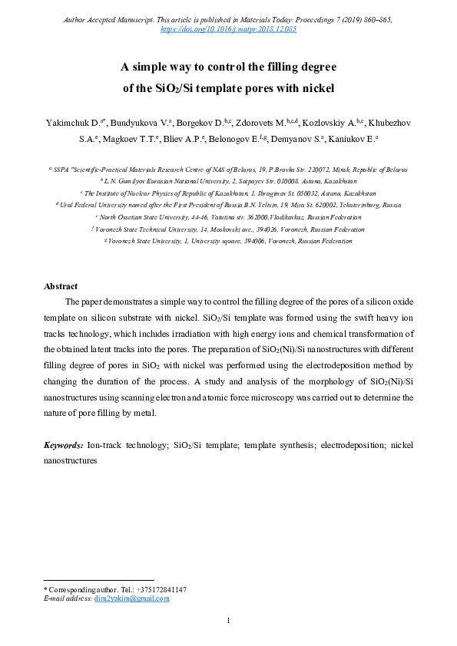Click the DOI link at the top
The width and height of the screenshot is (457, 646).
coord(228,29)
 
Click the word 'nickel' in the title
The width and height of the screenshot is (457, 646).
coord(317,88)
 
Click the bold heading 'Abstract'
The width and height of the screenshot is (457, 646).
coord(61,286)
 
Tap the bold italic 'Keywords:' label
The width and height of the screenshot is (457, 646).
coord(64,444)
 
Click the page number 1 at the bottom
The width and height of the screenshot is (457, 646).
coord(228,620)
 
